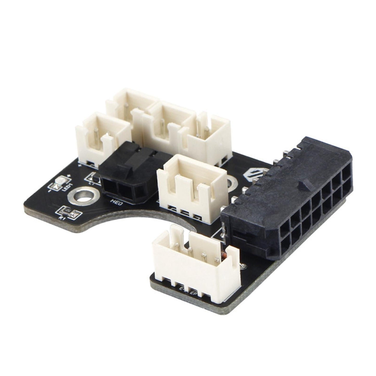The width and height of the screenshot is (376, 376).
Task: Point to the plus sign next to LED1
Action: tap(68, 176)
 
